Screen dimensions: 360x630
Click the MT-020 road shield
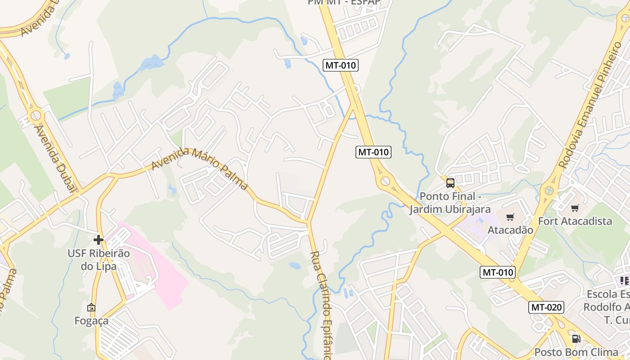click(546, 307)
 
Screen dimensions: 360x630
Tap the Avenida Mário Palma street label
click(199, 167)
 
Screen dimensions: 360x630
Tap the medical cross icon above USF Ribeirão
click(99, 240)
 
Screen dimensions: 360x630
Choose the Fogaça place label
click(91, 320)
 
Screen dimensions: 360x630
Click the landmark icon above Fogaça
click(91, 307)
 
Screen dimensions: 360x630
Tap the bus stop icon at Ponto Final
click(450, 183)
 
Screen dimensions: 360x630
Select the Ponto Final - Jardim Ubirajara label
click(450, 203)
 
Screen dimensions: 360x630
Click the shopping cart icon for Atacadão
click(510, 217)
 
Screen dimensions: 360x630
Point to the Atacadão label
click(510, 230)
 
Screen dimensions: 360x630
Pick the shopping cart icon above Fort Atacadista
click(575, 208)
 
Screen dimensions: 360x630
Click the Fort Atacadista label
click(575, 221)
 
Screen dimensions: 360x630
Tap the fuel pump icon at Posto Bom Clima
click(576, 339)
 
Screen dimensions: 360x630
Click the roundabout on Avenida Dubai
click(35, 116)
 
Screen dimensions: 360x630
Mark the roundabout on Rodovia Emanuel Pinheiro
click(549, 190)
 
